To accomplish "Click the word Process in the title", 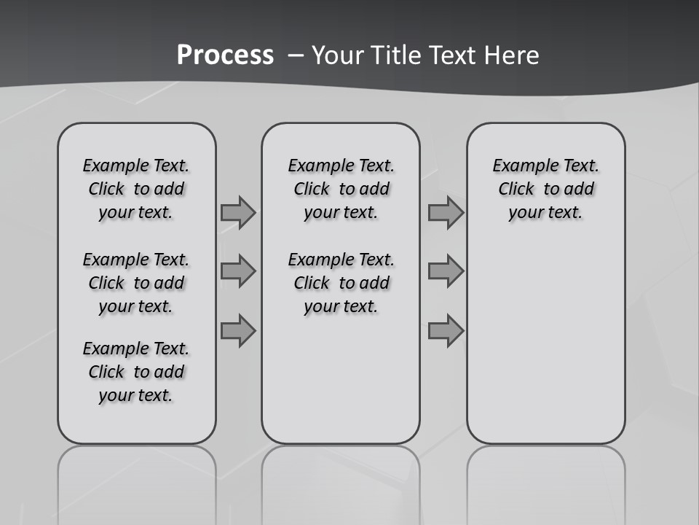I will tap(225, 55).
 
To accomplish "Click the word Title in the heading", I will tap(399, 55).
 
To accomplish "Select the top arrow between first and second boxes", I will tap(237, 212).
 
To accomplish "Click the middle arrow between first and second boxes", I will tap(237, 271).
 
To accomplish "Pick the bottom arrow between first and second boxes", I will tap(237, 330).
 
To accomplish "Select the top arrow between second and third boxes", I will tap(446, 212).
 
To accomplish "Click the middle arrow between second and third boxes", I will tap(446, 271).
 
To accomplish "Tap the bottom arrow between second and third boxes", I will tap(446, 330).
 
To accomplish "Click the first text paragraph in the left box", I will tap(136, 189).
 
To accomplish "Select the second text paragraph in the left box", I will tap(136, 283).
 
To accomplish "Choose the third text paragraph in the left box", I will tap(136, 372).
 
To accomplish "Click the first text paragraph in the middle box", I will tap(341, 189).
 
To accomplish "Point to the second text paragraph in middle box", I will tap(341, 283).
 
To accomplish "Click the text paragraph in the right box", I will tap(545, 189).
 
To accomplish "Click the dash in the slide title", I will tap(296, 55).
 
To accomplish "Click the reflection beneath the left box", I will tap(136, 481).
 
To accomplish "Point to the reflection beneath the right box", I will tap(545, 481).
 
